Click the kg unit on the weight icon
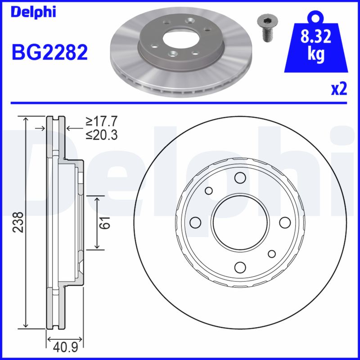(316, 55)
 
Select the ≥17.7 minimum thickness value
(102, 121)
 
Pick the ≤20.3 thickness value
(102, 134)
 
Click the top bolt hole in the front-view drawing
(240, 178)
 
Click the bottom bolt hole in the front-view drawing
(240, 267)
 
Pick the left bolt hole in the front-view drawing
(195, 222)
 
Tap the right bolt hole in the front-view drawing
(284, 222)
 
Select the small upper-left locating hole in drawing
(208, 191)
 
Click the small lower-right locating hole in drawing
(271, 254)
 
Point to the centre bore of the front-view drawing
(240, 222)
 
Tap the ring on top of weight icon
(316, 17)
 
